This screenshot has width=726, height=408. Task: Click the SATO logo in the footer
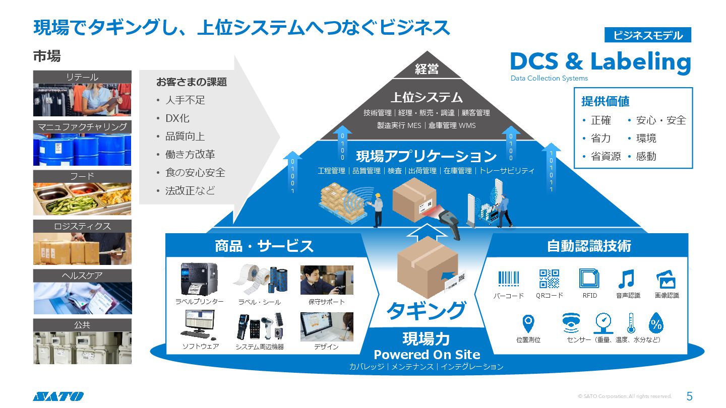point(58,396)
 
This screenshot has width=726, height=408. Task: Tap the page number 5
point(690,396)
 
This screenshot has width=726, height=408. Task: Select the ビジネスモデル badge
point(647,35)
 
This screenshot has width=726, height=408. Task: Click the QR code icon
point(549,279)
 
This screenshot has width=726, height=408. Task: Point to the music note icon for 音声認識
point(627,279)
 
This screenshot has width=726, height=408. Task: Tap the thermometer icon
point(630,323)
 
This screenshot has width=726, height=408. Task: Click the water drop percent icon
point(655,323)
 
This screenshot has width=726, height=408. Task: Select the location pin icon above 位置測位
point(528,322)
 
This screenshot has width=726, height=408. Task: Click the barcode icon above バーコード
point(508,279)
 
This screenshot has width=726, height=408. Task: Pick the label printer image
point(199,279)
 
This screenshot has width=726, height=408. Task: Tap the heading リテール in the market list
point(82,77)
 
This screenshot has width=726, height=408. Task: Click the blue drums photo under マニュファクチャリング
point(82,150)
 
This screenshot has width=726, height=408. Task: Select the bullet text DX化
point(177,118)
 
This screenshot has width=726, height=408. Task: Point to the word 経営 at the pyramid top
point(427,70)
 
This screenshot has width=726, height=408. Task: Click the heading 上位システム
point(427,97)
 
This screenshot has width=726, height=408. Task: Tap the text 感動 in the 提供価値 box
point(646,156)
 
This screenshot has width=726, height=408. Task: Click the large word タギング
point(426,310)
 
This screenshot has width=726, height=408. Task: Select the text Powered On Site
point(427,355)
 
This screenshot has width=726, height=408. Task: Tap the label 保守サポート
point(327,302)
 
